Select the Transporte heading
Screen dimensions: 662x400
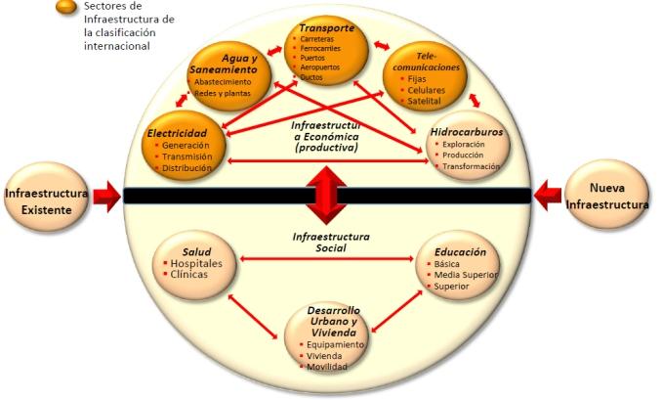click(x=327, y=29)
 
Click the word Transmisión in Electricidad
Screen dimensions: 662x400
click(x=187, y=156)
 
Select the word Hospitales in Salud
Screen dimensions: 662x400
click(x=196, y=264)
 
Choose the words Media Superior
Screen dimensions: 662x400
click(x=464, y=275)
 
